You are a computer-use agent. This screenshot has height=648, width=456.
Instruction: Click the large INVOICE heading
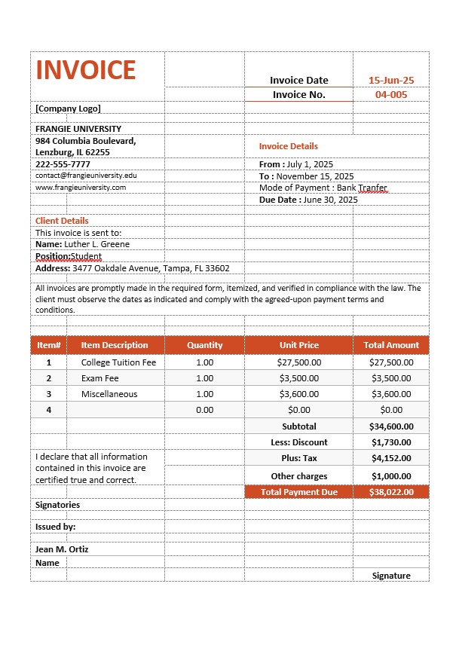pyautogui.click(x=85, y=69)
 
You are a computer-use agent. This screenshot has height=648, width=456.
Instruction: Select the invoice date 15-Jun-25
pyautogui.click(x=390, y=80)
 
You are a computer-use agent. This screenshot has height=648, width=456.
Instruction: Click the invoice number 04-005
pyautogui.click(x=390, y=94)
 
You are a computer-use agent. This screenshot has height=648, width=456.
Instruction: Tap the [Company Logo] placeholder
pyautogui.click(x=68, y=109)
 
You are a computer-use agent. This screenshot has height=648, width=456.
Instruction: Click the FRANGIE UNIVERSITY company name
pyautogui.click(x=78, y=129)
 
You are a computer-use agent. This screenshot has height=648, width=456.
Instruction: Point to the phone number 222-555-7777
pyautogui.click(x=63, y=164)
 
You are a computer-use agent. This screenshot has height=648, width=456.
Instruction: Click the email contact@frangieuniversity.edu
pyautogui.click(x=86, y=176)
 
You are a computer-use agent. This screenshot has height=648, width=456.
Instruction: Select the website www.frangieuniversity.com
pyautogui.click(x=81, y=188)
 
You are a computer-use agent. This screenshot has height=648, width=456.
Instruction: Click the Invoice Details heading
pyautogui.click(x=289, y=146)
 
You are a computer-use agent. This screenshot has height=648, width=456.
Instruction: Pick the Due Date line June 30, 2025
pyautogui.click(x=308, y=200)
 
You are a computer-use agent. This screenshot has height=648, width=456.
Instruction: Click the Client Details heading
pyautogui.click(x=62, y=221)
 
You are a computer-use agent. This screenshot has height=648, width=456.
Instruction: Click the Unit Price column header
pyautogui.click(x=298, y=345)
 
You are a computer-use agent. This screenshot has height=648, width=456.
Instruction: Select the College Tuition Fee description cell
pyautogui.click(x=118, y=362)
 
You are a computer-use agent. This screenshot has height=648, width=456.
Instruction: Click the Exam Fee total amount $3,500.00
pyautogui.click(x=391, y=378)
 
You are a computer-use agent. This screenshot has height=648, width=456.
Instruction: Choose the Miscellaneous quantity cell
pyautogui.click(x=204, y=394)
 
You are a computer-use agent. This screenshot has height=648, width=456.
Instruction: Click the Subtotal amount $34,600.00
pyautogui.click(x=391, y=426)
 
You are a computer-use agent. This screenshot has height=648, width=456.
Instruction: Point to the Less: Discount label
pyautogui.click(x=298, y=442)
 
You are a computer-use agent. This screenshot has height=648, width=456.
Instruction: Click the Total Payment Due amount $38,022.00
pyautogui.click(x=391, y=492)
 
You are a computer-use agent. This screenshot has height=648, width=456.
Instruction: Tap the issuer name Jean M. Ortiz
pyautogui.click(x=62, y=549)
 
